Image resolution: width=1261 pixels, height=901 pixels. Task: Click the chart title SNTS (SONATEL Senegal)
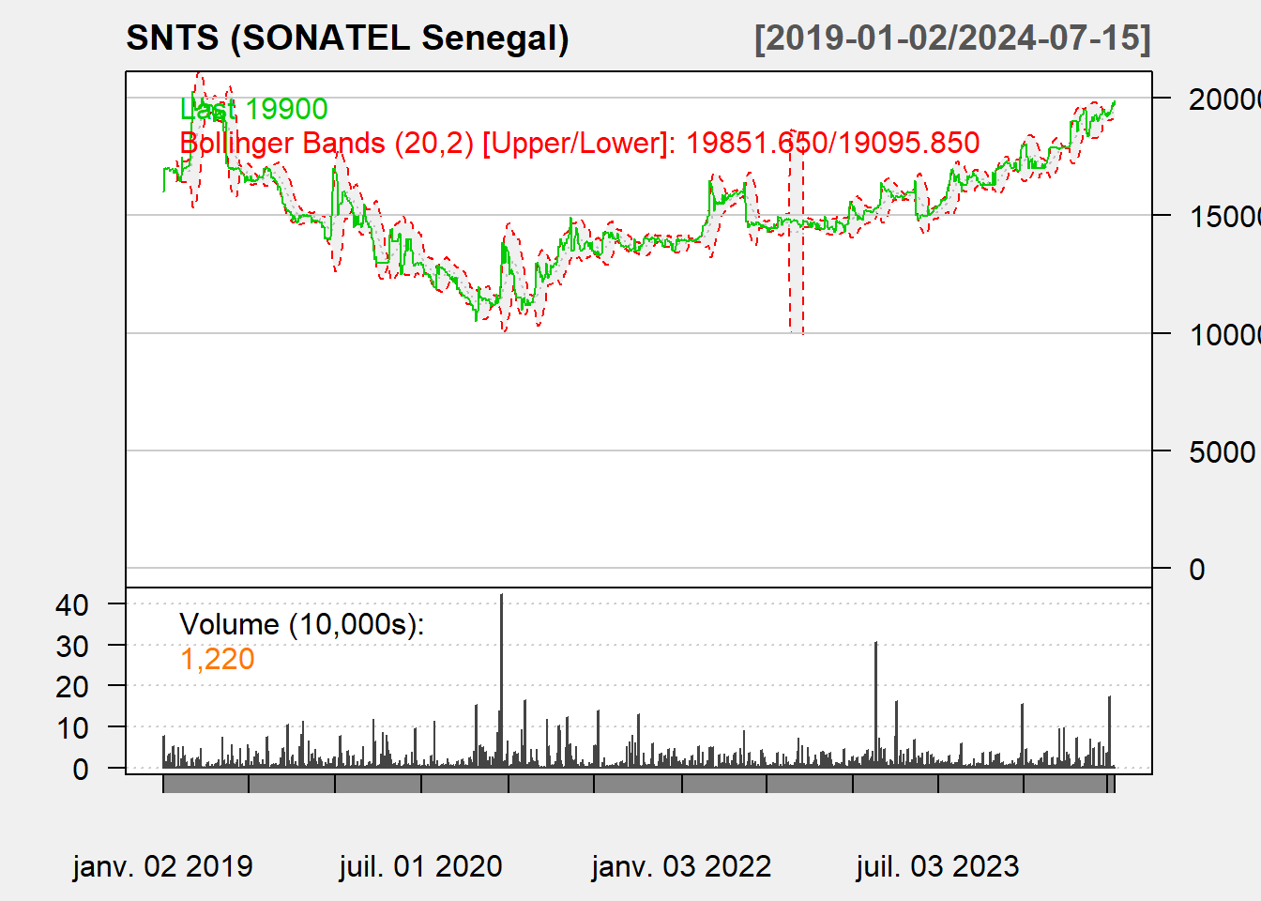coord(347,38)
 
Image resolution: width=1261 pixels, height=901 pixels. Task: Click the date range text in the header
coord(952,38)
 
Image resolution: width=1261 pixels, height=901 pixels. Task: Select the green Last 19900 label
coord(253,109)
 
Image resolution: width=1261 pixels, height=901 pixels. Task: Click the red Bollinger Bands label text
coord(579,143)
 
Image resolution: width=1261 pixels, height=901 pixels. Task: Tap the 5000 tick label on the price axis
coord(1221,451)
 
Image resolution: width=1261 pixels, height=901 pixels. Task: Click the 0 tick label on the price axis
coord(1196,569)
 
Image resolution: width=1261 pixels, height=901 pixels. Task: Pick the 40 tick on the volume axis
coord(72,605)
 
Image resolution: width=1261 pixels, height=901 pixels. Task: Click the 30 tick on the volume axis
coord(72,646)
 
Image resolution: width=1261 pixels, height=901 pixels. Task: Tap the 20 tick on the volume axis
coord(72,687)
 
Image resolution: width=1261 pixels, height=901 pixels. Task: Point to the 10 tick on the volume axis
coord(72,727)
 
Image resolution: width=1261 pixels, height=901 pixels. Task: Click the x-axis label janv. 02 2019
coord(162,865)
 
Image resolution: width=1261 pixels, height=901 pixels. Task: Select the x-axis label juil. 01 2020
coord(420,865)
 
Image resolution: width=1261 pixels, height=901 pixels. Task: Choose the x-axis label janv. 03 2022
coord(681,865)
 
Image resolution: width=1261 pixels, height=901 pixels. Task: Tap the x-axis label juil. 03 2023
coord(937,865)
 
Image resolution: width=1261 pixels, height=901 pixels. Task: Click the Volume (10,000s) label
coord(301,624)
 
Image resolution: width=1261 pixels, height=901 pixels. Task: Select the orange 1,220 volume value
coord(217,659)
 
